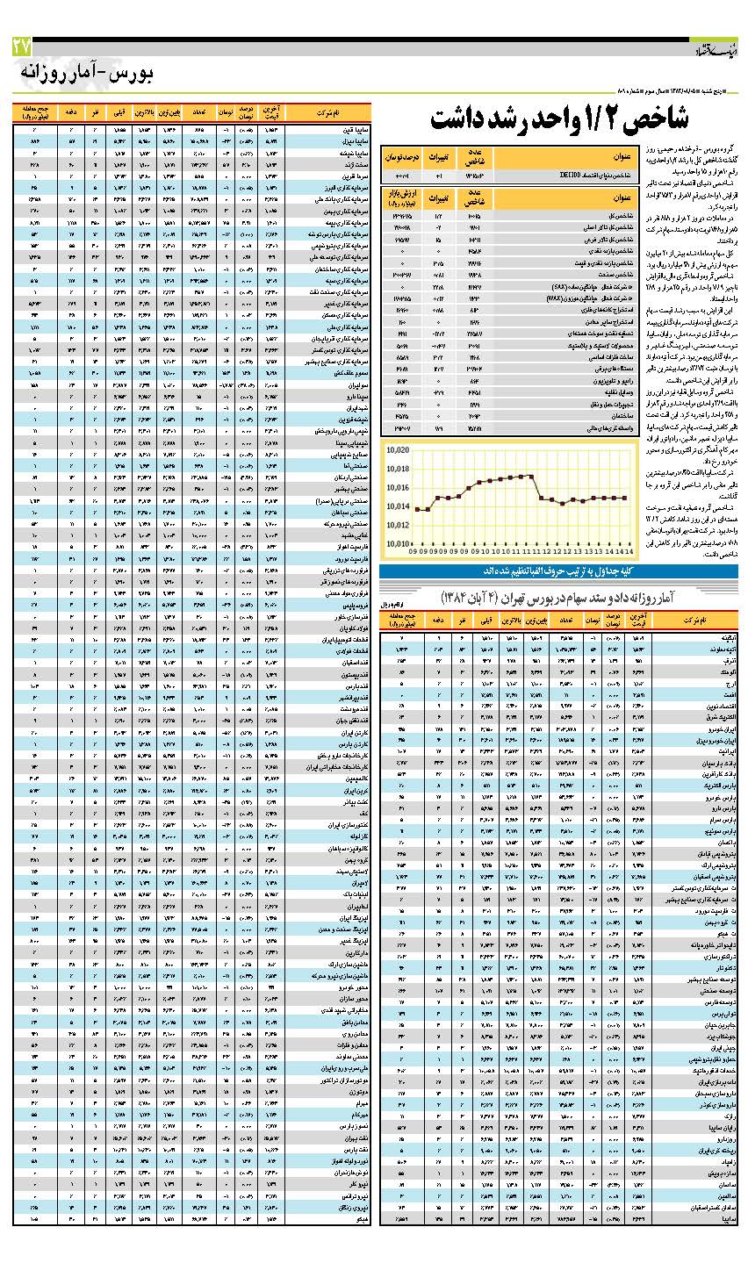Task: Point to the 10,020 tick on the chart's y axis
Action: (x=397, y=449)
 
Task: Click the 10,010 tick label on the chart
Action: (x=397, y=543)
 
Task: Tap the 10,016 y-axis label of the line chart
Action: (x=397, y=487)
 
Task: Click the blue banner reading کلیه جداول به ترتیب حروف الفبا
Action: (x=558, y=571)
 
